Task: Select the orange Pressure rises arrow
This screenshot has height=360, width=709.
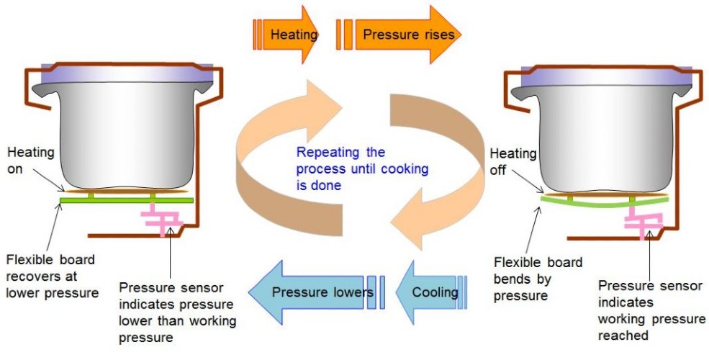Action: tap(403, 34)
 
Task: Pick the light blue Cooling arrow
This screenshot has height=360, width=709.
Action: tap(432, 292)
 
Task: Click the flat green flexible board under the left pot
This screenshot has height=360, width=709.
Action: tap(126, 199)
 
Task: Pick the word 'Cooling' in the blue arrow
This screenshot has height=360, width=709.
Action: tap(435, 292)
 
